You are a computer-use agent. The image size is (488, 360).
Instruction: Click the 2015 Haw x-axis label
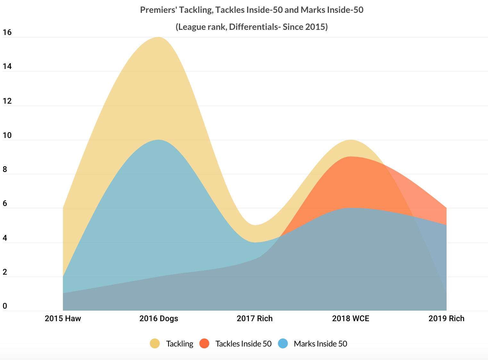[x=63, y=319]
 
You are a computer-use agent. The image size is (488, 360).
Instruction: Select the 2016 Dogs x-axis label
[x=159, y=319]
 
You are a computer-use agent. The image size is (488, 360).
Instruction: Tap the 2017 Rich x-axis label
[x=255, y=319]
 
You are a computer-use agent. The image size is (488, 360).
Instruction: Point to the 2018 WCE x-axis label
[x=350, y=319]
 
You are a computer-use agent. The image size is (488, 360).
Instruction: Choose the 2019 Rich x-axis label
[x=446, y=319]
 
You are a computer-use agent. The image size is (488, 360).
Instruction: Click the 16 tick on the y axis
[x=7, y=32]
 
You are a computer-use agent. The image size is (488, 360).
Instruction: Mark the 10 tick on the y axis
[x=7, y=135]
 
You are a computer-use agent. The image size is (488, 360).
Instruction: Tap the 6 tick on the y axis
[x=5, y=204]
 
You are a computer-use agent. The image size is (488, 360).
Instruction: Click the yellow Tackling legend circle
[x=155, y=344]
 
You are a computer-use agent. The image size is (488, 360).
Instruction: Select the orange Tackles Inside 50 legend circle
[x=204, y=344]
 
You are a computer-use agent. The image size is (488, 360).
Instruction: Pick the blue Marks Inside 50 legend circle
[x=282, y=344]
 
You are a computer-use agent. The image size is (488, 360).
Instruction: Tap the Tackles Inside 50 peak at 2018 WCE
[x=350, y=157]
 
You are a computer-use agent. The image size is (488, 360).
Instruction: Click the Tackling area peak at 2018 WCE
[x=350, y=140]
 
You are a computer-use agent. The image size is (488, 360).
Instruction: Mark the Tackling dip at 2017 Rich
[x=255, y=225]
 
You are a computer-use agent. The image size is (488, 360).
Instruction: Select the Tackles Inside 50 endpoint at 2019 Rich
[x=446, y=208]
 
